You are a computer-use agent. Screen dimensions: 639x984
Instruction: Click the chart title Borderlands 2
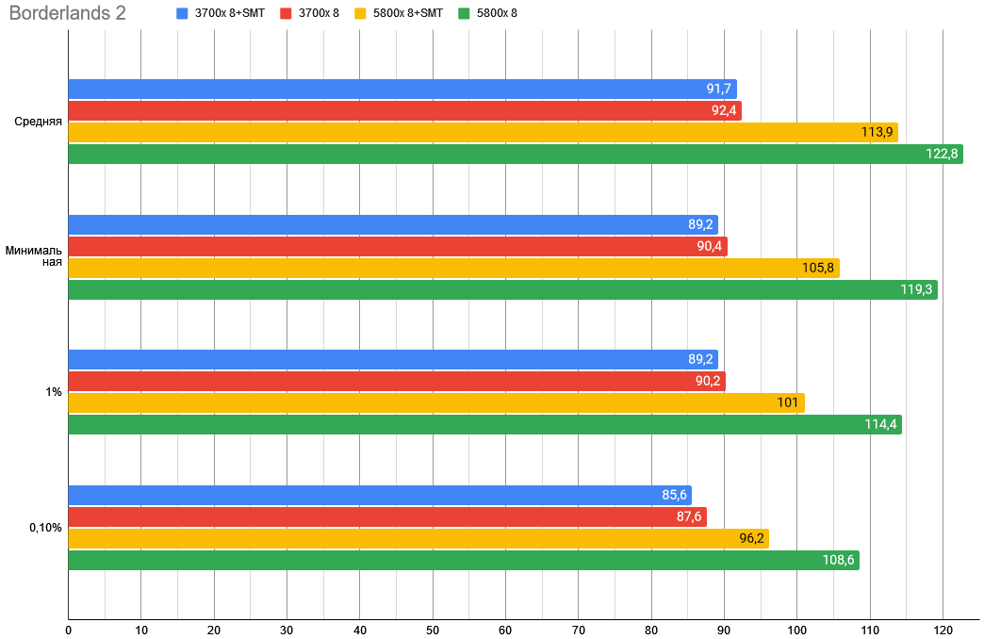click(x=67, y=14)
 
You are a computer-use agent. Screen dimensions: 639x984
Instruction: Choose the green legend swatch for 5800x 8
click(x=464, y=14)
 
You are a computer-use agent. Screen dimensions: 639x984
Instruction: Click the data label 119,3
click(x=916, y=290)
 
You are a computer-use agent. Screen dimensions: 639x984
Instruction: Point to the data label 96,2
click(x=751, y=539)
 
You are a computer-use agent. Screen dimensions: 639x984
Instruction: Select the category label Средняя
click(x=39, y=122)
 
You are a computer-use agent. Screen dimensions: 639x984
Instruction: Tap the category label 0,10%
click(x=45, y=528)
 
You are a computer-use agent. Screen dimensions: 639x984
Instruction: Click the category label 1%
click(x=54, y=392)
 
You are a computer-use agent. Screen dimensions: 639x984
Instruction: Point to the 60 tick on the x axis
click(x=505, y=630)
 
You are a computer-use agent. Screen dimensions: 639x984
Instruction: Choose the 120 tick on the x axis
click(x=943, y=630)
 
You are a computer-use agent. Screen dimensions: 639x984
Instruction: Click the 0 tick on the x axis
click(x=69, y=630)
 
